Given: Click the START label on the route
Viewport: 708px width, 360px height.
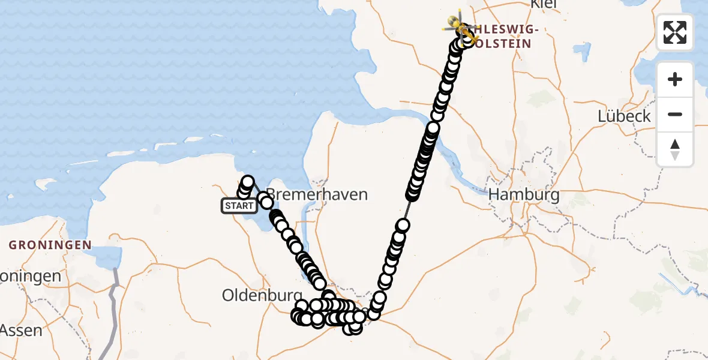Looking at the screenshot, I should pos(240,206).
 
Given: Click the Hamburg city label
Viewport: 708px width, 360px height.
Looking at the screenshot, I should pos(524,194).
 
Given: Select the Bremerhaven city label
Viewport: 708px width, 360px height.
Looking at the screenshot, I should pos(316,194).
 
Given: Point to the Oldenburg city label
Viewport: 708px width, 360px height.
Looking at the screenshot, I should pos(261,295).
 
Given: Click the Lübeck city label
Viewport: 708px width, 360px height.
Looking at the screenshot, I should pos(624,116).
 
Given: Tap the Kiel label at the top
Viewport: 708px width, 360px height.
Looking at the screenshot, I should pos(544,4).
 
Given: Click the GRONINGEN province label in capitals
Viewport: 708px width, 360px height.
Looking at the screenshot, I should pos(50,245).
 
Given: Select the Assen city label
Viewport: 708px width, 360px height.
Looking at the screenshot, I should pos(21,330).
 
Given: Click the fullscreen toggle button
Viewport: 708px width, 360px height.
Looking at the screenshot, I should pos(675,32).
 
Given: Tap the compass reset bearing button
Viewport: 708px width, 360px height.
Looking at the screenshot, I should pos(675,149).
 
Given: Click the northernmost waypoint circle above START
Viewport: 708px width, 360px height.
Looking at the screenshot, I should pos(247,181).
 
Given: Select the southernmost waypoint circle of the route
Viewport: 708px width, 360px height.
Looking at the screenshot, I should pos(355,327).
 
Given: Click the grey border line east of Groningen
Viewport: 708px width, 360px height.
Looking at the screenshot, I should pos(113,294).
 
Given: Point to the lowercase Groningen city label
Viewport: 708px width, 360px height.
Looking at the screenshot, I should pos(30,277).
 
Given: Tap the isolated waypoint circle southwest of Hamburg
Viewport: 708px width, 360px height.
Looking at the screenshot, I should pos(403,226).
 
